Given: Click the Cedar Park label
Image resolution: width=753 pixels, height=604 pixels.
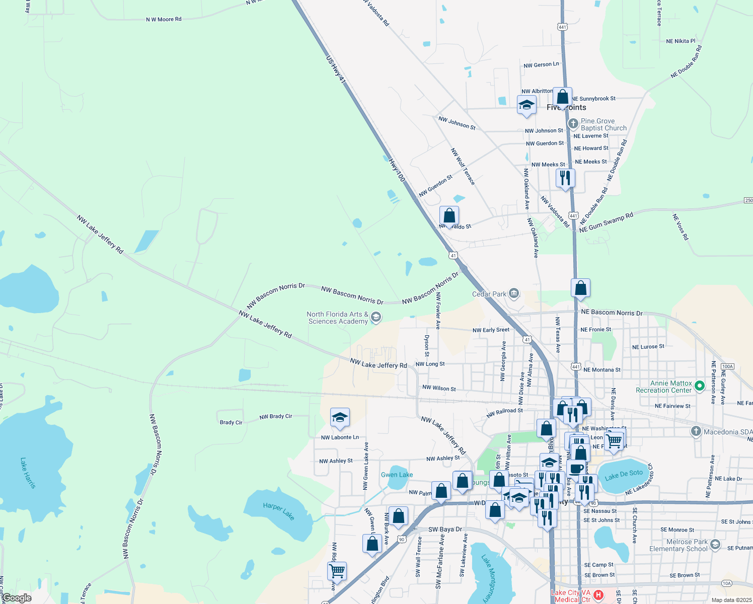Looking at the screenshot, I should point(489,294).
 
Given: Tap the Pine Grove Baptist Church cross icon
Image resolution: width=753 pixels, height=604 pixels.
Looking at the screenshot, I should point(573,123).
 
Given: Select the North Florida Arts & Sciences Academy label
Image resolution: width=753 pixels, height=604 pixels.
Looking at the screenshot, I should point(338,318).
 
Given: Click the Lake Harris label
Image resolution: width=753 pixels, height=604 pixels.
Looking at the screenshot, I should point(28,473).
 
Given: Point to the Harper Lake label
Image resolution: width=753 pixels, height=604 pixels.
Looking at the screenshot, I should point(278,511).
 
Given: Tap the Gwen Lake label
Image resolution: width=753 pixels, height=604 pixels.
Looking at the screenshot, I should point(397,475).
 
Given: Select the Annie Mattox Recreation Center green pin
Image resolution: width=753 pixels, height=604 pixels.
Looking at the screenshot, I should point(699,386).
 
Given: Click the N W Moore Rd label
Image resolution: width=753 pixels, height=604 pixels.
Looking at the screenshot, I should point(164,20).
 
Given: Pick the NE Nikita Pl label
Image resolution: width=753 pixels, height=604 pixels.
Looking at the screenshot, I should point(681,41).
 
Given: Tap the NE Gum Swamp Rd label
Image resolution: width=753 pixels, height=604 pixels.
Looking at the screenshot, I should point(606,222).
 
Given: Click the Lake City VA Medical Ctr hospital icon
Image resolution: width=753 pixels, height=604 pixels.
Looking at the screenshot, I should point(598,595).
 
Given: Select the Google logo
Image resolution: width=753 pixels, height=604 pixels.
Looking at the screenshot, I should point(17,598).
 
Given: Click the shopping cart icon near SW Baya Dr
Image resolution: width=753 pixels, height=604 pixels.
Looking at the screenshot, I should point(337,571).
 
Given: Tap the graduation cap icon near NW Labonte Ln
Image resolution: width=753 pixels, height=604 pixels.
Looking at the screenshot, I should point(340,418).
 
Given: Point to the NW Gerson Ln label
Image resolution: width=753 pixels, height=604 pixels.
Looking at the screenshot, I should point(541,65).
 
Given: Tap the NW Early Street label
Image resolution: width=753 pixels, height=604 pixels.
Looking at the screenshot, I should point(491,330).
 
